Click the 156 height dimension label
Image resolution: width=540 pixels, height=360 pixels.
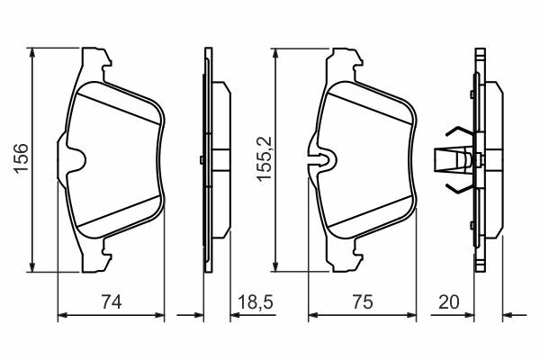click(x=21, y=157)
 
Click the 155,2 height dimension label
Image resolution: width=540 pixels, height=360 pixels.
click(x=265, y=158)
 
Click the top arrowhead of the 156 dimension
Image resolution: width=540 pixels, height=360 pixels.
click(x=32, y=52)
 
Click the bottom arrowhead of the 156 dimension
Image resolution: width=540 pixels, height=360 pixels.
click(x=32, y=266)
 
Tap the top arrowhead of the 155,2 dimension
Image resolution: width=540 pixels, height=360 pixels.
click(x=274, y=53)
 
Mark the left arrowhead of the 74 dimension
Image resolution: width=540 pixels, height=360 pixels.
click(x=62, y=314)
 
